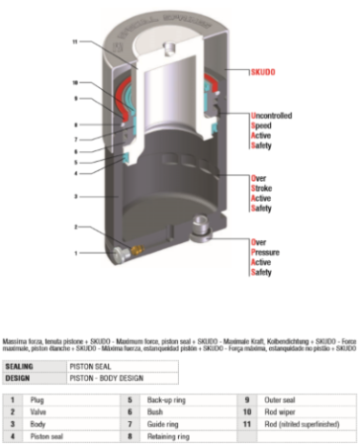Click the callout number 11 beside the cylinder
click(x=75, y=42)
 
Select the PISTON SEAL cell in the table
click(x=88, y=365)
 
